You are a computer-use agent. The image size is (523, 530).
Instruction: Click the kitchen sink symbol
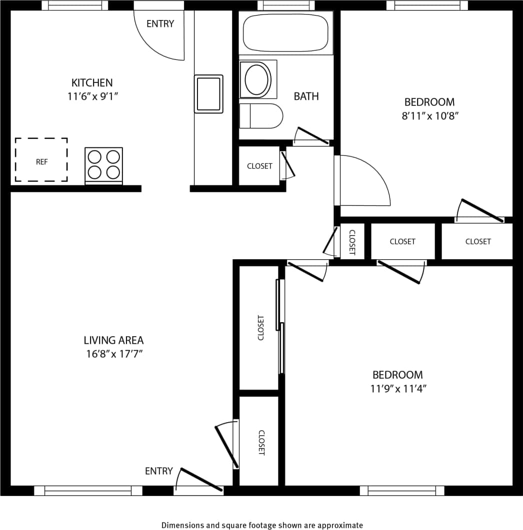click(x=208, y=94)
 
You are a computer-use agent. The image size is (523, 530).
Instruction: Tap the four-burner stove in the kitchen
click(x=103, y=165)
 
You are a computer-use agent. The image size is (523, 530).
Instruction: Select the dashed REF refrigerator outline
click(x=41, y=160)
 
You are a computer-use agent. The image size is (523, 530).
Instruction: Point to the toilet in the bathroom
click(x=260, y=116)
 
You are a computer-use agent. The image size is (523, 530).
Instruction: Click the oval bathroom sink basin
click(x=256, y=79)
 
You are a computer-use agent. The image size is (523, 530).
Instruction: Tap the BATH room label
click(x=306, y=96)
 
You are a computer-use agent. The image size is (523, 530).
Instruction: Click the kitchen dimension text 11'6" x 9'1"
click(x=92, y=96)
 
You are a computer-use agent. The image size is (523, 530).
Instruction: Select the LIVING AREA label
click(x=113, y=340)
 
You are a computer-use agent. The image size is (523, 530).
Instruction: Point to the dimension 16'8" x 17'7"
click(x=113, y=355)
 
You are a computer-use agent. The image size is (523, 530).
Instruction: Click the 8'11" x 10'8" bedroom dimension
click(x=429, y=116)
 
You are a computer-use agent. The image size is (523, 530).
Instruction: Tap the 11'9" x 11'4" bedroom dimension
click(x=397, y=389)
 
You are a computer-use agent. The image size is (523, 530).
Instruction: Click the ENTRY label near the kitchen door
click(x=160, y=23)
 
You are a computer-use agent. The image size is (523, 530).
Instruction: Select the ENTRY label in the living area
click(x=159, y=471)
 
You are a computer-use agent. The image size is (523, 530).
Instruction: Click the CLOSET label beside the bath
click(x=259, y=166)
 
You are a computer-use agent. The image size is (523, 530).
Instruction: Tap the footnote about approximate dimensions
click(x=262, y=525)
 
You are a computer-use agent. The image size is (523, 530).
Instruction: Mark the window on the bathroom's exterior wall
click(x=286, y=5)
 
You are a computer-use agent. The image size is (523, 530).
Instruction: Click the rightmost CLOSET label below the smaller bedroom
click(x=478, y=241)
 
